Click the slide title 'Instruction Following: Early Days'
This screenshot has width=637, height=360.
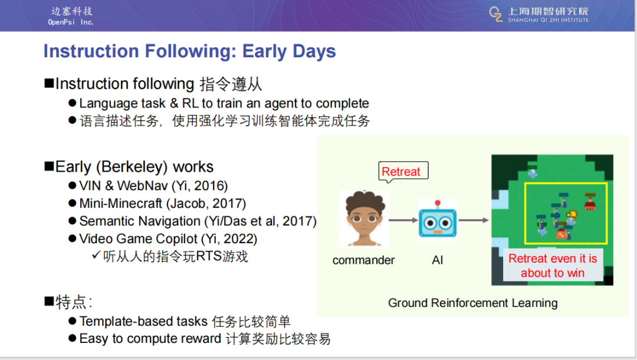tap(190, 51)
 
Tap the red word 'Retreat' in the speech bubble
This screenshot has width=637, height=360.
tap(401, 172)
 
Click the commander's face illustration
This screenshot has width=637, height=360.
tap(364, 218)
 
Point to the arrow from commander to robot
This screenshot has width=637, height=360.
tap(403, 220)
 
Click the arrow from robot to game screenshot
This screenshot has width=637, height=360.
tap(474, 220)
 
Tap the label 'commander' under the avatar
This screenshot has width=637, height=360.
tap(363, 260)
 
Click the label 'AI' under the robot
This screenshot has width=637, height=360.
tap(438, 260)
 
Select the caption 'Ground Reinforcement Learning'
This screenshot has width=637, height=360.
tap(473, 303)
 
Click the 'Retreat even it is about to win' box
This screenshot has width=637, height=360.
tap(553, 266)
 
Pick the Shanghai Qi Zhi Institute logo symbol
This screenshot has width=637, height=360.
tap(495, 14)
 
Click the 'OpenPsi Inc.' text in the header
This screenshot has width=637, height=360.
tap(71, 22)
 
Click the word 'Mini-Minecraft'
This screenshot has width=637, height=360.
tap(121, 203)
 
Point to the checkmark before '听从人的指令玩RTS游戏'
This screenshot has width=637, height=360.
tap(96, 255)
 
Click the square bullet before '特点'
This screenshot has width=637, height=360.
tap(49, 301)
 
